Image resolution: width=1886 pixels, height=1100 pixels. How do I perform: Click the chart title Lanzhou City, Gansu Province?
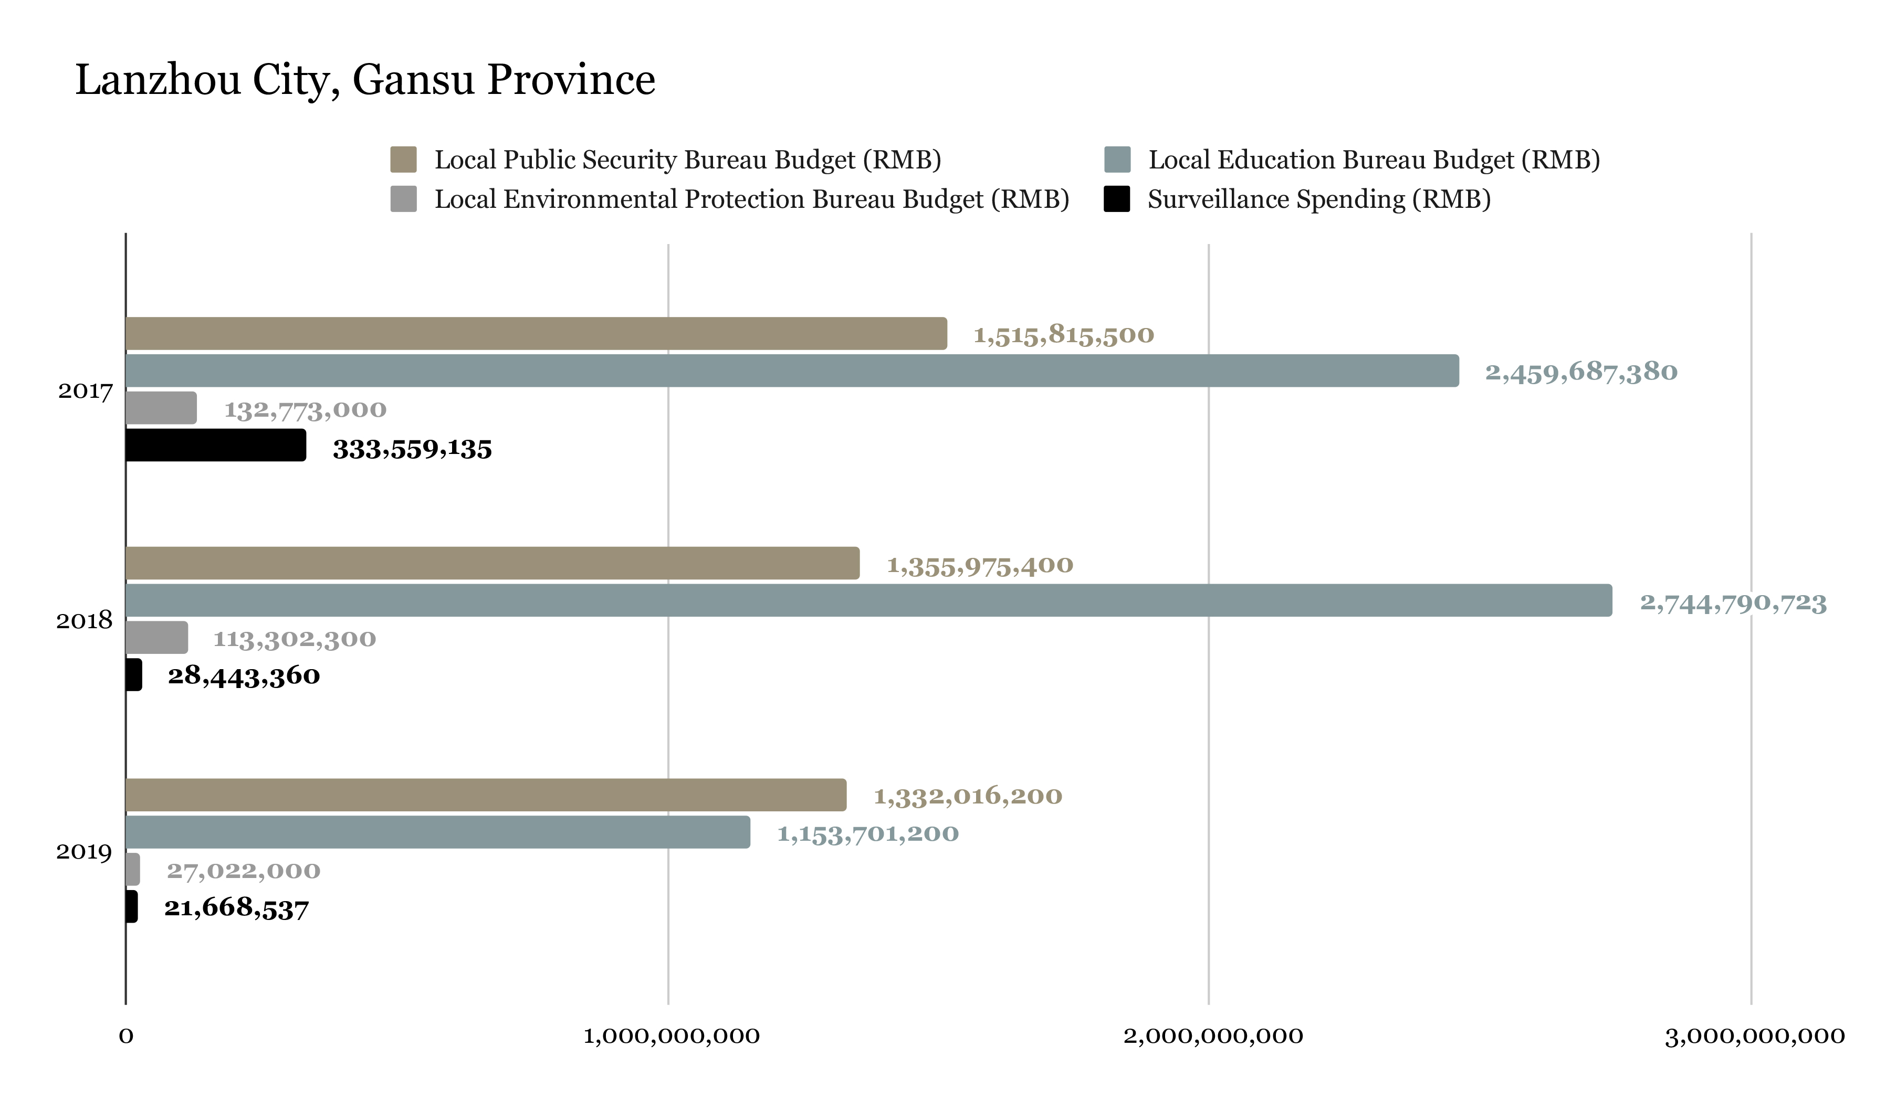[x=365, y=80]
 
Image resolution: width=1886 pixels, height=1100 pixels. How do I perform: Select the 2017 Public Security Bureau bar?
[x=536, y=334]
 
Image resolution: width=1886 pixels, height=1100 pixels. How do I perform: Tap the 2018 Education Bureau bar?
[x=868, y=601]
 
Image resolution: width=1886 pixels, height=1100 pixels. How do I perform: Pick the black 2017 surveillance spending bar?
[x=216, y=445]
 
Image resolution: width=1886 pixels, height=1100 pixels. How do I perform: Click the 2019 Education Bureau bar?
[x=438, y=833]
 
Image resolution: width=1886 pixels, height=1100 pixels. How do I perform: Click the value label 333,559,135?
[x=412, y=450]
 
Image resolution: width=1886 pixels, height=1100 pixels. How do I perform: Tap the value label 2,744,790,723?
[x=1733, y=603]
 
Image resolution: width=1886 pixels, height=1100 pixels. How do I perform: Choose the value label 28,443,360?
[x=244, y=676]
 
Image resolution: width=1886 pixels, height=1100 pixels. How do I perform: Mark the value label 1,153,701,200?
[x=868, y=833]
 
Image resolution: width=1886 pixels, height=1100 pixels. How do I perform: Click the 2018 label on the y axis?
[x=84, y=620]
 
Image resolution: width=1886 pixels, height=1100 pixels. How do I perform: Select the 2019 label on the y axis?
[x=84, y=852]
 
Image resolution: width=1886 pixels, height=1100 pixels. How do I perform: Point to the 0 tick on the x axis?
[x=125, y=1036]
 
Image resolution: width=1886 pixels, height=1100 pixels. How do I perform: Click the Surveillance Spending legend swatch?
[x=1117, y=199]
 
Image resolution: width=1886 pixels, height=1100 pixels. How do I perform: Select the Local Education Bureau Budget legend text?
[x=1374, y=160]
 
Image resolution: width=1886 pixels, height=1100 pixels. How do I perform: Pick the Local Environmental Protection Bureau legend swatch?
[x=403, y=199]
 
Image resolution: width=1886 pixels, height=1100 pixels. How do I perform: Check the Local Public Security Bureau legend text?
[x=688, y=160]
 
